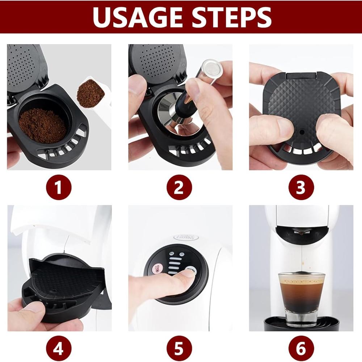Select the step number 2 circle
[180, 187]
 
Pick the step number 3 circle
[301, 187]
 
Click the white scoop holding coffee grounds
[92, 92]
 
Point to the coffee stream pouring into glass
[300, 257]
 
